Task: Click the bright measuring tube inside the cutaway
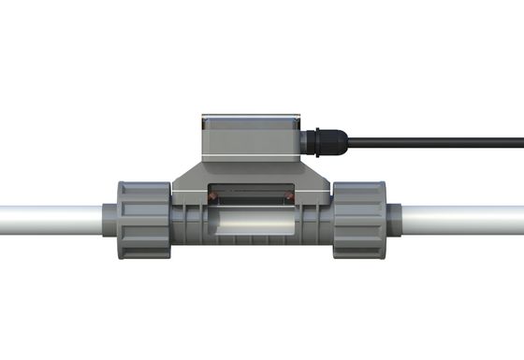[251, 224]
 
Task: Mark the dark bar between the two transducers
[251, 195]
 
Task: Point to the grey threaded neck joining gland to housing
[306, 143]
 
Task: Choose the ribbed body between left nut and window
[187, 224]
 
